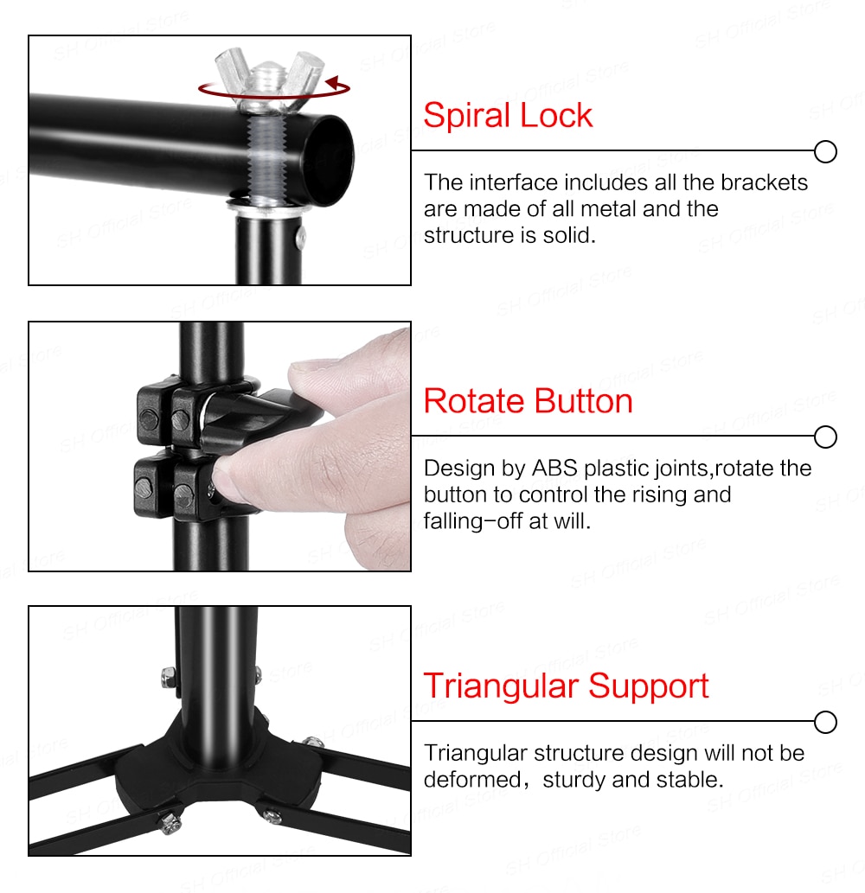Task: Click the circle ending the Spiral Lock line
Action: [826, 152]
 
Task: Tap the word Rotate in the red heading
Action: [474, 401]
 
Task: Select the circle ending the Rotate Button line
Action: [826, 437]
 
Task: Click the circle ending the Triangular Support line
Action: [826, 722]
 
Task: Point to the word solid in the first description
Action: [570, 234]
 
